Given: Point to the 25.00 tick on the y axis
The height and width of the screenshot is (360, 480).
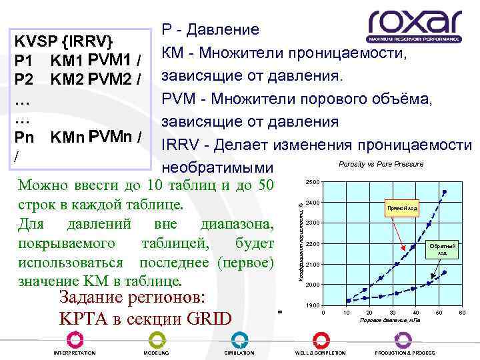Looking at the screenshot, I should pyautogui.click(x=313, y=183).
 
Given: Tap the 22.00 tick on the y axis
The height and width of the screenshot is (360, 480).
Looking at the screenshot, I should pyautogui.click(x=313, y=243).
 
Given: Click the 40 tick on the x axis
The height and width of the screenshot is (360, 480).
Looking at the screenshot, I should pyautogui.click(x=415, y=313).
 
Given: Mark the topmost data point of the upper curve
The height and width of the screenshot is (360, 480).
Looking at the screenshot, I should pyautogui.click(x=445, y=192).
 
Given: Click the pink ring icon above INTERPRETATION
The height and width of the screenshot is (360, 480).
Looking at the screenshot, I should pyautogui.click(x=73, y=339).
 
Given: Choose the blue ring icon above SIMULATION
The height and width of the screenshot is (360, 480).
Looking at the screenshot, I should pyautogui.click(x=239, y=339).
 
